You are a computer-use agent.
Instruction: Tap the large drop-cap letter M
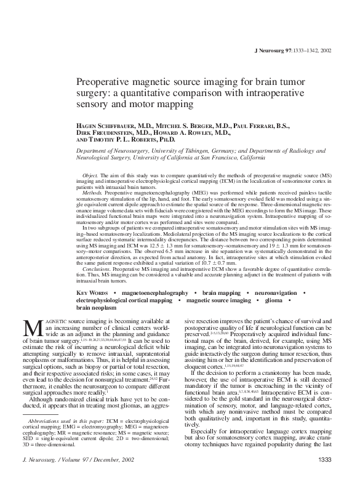click(32, 329)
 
